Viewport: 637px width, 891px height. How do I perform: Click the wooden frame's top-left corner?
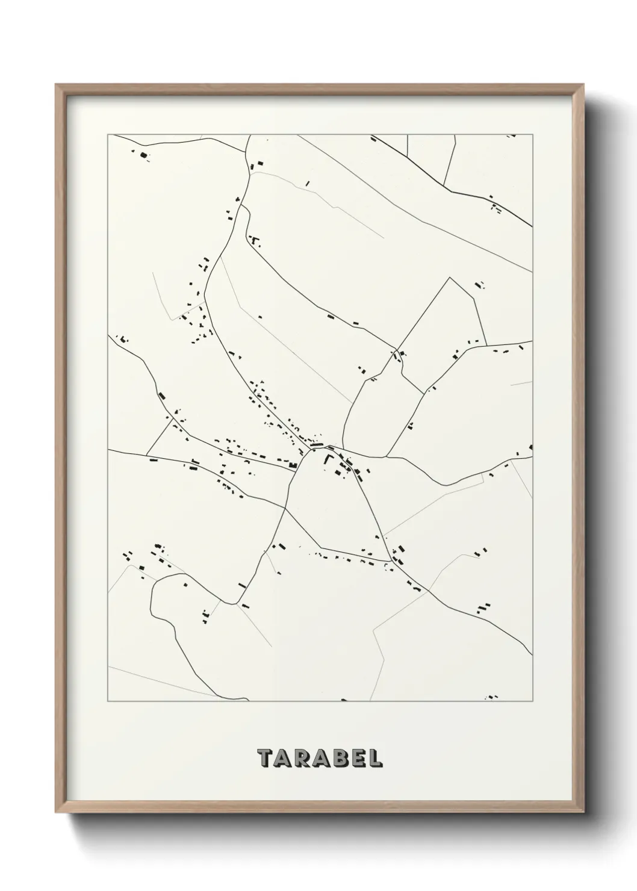click(x=56, y=85)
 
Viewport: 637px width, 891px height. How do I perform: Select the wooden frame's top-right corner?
click(x=582, y=85)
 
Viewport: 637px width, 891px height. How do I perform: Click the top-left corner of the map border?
click(x=108, y=135)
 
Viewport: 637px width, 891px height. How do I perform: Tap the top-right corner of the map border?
click(x=533, y=135)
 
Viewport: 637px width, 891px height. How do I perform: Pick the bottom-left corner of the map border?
click(x=108, y=701)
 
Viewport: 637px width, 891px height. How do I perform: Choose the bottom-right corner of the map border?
click(x=533, y=701)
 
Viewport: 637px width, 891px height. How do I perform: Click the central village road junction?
click(x=312, y=449)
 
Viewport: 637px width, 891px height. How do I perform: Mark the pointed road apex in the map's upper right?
click(x=450, y=278)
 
